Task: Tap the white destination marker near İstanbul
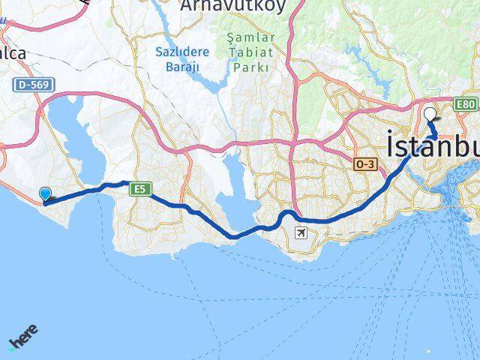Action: [430, 115]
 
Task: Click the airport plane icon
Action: [301, 232]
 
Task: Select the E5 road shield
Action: [140, 189]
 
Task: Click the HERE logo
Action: [23, 338]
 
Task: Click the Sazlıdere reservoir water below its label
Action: [208, 84]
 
